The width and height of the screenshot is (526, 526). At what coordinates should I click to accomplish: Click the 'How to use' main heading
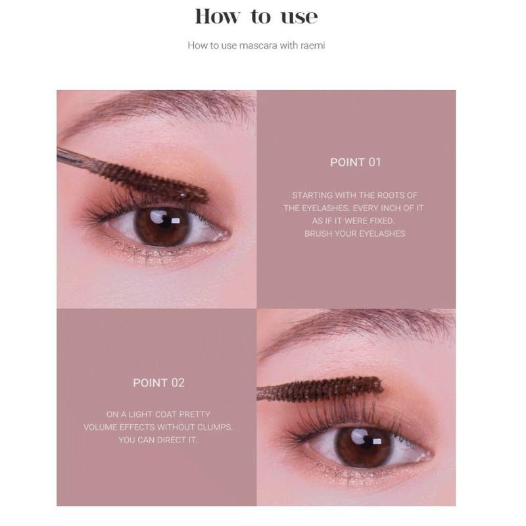256,16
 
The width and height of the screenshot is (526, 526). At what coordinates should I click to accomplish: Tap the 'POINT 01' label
355,162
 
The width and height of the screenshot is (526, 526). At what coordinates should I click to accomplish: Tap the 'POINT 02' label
158,383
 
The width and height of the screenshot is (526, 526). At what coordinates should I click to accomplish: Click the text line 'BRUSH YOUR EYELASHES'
355,233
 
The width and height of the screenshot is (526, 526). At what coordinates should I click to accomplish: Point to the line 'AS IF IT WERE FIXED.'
355,221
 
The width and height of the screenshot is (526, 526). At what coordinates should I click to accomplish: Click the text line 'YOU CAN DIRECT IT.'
158,439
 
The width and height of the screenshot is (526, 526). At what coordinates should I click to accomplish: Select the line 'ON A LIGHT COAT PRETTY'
158,414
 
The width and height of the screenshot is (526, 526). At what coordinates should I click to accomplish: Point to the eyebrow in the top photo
164,105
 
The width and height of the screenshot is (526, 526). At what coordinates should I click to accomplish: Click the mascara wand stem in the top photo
76,158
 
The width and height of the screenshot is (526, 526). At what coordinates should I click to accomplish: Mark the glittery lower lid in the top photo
151,255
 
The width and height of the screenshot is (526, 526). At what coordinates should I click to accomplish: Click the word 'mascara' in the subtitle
252,45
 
